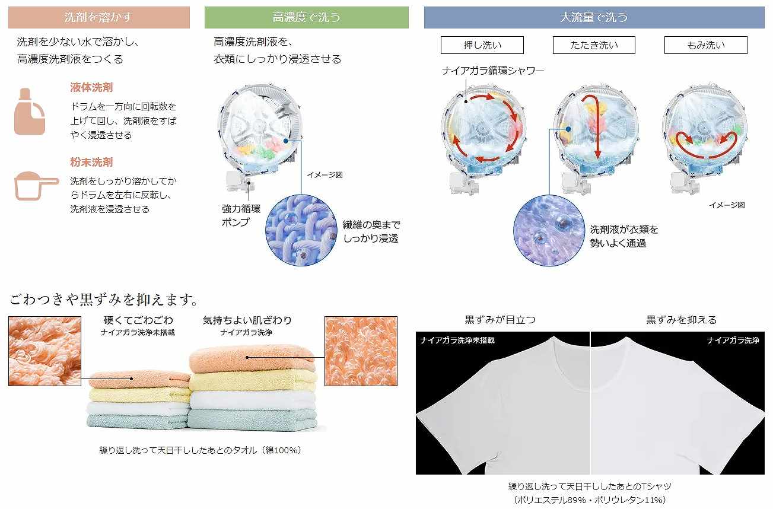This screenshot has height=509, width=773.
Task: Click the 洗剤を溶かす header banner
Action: pos(98,18)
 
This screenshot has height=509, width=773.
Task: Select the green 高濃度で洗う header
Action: pos(306,18)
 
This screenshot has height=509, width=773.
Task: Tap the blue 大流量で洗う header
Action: pos(594,18)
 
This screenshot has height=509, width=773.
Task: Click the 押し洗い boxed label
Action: pos(482,45)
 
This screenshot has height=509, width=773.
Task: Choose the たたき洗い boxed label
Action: pos(594,45)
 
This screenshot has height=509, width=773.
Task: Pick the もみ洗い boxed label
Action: pos(705,45)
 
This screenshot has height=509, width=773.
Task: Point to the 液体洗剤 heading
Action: pos(91,88)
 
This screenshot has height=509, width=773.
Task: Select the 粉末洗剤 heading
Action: pos(91,162)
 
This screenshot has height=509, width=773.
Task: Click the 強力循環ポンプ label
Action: pos(241,215)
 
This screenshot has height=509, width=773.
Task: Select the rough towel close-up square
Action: pos(45,351)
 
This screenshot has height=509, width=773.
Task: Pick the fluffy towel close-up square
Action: pos(361,351)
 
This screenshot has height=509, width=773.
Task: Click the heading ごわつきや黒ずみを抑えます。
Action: pos(103,298)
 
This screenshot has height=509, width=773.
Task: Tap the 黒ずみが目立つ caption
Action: pos(500,320)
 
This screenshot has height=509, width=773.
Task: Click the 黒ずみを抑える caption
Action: pos(681,320)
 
